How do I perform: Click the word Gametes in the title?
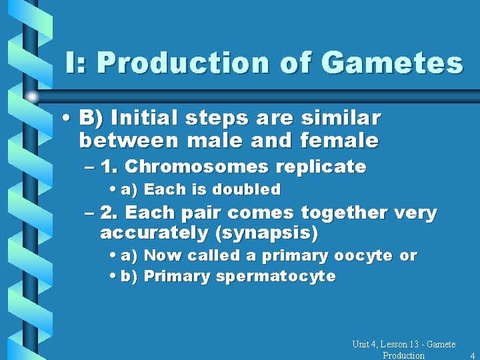coord(391,63)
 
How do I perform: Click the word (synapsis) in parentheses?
coord(281,234)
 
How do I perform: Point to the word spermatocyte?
coord(275,277)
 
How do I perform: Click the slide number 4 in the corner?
coord(472,355)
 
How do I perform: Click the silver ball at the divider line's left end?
coord(32,97)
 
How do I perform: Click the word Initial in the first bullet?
coord(141,119)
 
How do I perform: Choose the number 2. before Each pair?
coord(109,213)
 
